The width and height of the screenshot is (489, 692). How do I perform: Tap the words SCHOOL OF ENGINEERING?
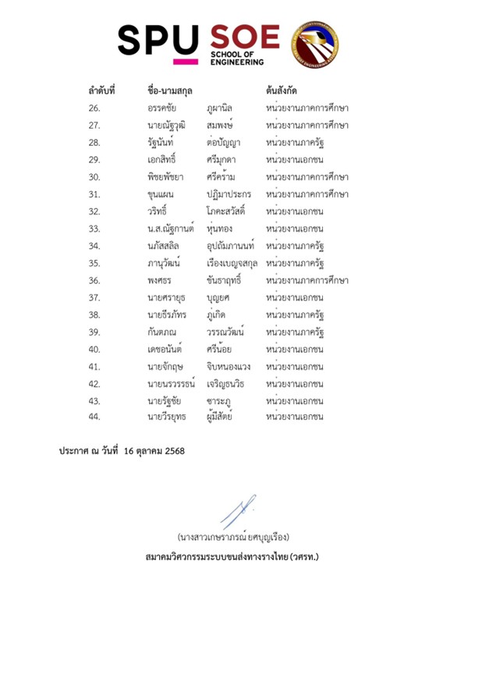click(237, 59)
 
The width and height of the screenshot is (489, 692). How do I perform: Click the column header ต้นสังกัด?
click(284, 90)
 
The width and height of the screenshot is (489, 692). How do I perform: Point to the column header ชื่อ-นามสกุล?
click(169, 90)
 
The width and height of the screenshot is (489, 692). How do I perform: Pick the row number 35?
click(94, 263)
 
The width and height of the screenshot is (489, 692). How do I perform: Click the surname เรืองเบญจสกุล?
click(232, 263)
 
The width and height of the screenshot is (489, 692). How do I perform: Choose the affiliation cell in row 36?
click(307, 280)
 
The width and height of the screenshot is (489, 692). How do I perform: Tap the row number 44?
click(94, 417)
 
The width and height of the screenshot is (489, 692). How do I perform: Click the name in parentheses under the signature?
click(233, 537)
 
